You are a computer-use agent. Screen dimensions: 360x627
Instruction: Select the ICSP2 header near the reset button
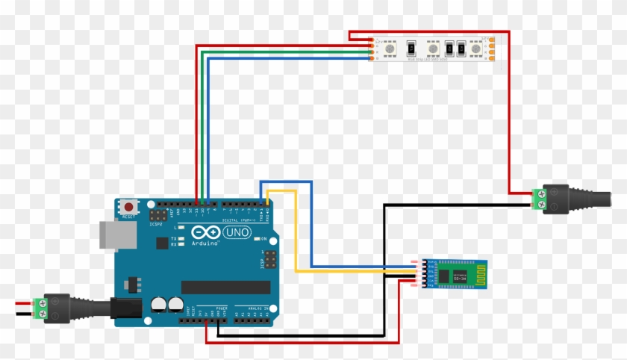159,216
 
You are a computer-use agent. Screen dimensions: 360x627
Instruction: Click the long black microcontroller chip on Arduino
225,287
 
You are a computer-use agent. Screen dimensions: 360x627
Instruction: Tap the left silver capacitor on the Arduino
158,304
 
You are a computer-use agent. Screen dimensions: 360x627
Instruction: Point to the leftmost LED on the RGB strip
390,49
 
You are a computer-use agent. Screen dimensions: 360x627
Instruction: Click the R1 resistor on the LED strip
410,49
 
